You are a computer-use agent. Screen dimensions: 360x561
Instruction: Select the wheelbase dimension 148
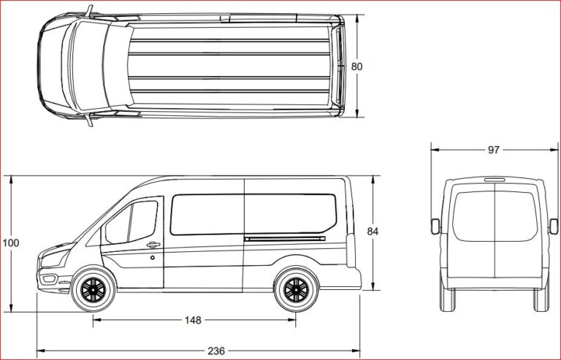(193, 320)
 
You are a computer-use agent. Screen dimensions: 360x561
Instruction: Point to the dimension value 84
(372, 231)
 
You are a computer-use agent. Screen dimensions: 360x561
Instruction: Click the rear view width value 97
(493, 150)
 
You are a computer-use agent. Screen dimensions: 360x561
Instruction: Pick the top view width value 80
(356, 66)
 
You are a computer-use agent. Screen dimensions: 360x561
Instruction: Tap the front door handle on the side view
(153, 245)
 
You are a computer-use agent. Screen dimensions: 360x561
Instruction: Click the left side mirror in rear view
(435, 225)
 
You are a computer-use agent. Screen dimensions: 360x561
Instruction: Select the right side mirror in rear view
(553, 225)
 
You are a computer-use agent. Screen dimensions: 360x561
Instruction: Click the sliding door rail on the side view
(285, 238)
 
